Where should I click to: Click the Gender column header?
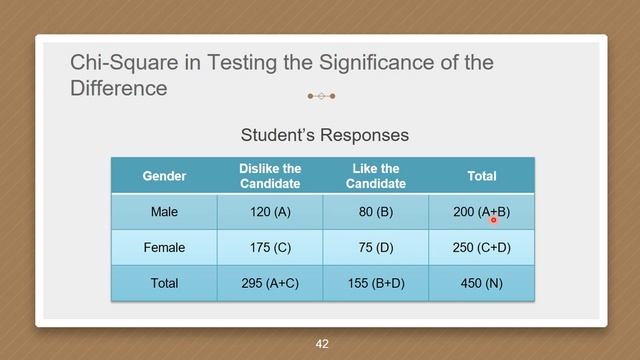tap(164, 176)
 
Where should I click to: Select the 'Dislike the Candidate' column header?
tap(270, 176)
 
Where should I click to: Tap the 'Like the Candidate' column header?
tap(376, 176)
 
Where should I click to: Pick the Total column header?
tap(482, 176)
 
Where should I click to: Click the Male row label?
tap(164, 212)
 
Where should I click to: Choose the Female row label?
tap(164, 247)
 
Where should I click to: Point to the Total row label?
tap(164, 283)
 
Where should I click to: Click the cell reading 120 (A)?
tap(270, 212)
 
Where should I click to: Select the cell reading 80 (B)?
tap(376, 212)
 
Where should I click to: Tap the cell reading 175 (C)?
tap(270, 247)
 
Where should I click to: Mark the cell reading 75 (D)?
tap(376, 247)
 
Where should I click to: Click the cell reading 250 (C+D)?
tap(482, 247)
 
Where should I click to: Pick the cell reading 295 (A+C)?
tap(270, 283)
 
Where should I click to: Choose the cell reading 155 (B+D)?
tap(376, 283)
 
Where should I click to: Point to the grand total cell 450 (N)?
tap(482, 283)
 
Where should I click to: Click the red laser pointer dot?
tap(494, 219)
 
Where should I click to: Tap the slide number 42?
tap(321, 343)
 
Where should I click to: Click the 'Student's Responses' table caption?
tap(325, 134)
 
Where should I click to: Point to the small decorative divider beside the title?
tap(321, 97)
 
